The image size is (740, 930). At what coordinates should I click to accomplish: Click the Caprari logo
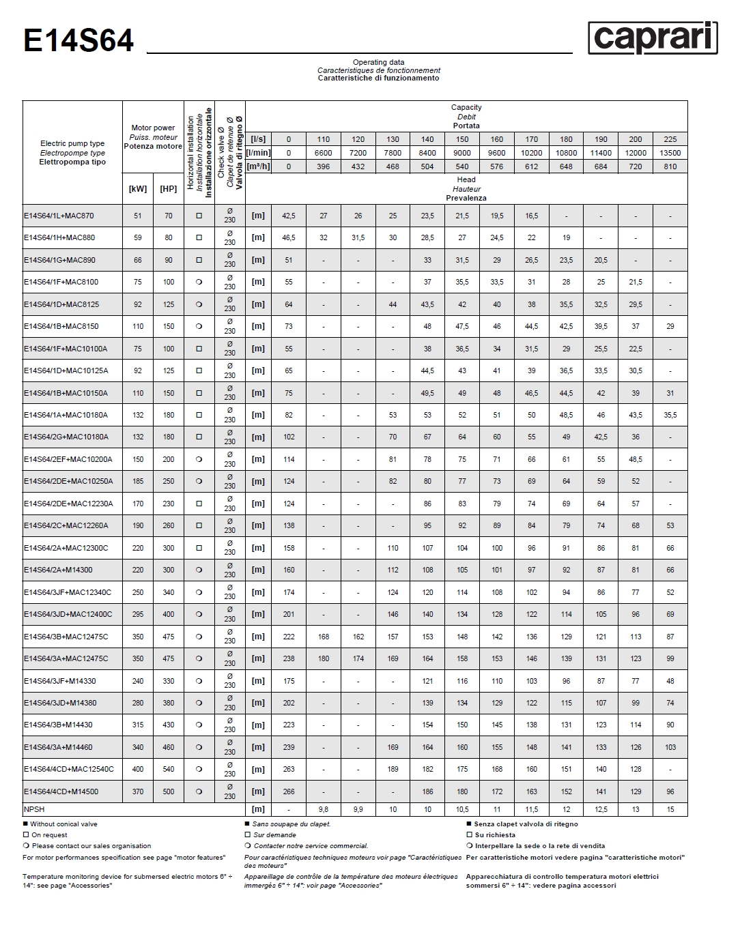click(653, 38)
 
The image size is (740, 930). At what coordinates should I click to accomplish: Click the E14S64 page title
click(79, 41)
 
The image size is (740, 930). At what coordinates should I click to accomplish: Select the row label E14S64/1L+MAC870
click(59, 216)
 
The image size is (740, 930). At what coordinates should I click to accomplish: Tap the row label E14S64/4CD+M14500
click(61, 791)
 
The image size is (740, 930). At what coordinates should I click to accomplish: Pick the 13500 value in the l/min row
click(670, 153)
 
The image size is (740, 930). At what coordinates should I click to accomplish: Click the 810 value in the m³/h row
click(670, 166)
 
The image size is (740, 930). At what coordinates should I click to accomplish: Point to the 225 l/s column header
click(670, 139)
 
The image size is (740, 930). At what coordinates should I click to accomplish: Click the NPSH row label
click(34, 809)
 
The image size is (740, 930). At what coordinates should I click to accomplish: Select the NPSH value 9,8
click(324, 809)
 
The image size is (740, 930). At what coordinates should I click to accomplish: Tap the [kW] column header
click(138, 189)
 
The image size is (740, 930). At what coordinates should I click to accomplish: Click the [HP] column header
click(168, 189)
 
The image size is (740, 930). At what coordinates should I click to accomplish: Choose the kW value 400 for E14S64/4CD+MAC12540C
click(138, 769)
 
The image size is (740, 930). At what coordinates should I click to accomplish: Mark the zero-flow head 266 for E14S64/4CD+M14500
click(289, 791)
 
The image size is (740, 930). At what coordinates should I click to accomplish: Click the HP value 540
click(168, 769)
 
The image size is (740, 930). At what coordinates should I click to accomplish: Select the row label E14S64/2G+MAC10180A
click(66, 437)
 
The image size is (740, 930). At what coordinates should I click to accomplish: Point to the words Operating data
click(378, 62)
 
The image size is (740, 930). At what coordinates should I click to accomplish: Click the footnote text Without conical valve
click(63, 824)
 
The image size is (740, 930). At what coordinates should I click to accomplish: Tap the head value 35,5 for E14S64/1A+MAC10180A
click(670, 415)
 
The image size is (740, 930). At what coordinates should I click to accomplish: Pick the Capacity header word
click(466, 107)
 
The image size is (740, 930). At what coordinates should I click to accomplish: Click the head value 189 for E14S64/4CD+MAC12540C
click(393, 769)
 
